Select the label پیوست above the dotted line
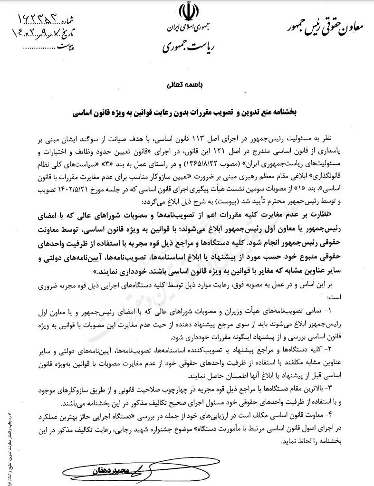(66, 48)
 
